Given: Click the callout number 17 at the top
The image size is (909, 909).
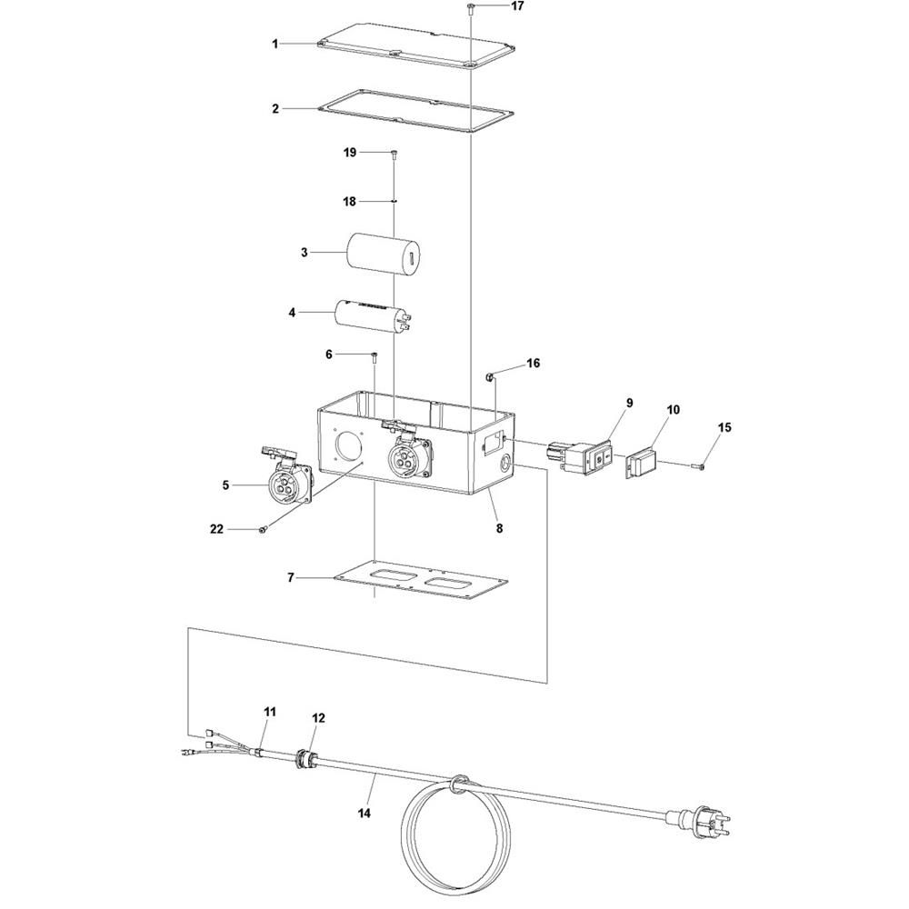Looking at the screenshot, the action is [517, 5].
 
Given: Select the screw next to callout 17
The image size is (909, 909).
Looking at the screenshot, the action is [470, 7].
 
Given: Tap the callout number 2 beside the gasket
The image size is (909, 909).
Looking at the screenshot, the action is [275, 108].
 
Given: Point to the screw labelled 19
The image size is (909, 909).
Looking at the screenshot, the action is [395, 154].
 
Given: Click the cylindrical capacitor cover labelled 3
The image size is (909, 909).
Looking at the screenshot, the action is [384, 253].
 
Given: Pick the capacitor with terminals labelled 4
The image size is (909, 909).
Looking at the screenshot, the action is [374, 316].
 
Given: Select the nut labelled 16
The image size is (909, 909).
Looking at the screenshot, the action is [489, 378].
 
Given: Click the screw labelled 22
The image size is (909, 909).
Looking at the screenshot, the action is [263, 529].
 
